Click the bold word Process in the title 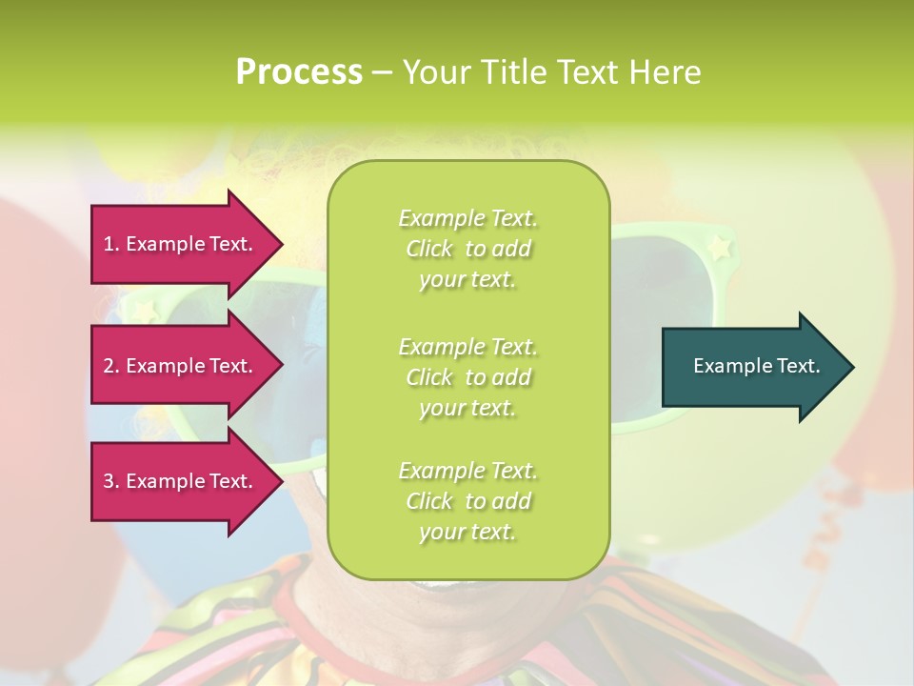pos(299,72)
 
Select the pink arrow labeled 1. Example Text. pos(181,244)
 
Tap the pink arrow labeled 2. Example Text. pos(181,366)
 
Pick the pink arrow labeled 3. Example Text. pos(181,481)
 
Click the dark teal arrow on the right pos(752,366)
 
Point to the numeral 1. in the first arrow pos(111,244)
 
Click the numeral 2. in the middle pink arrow pos(111,366)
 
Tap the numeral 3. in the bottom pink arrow pos(111,481)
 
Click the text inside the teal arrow pos(757,366)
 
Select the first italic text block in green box pos(467,249)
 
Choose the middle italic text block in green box pos(467,376)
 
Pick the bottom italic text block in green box pos(467,501)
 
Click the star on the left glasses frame pos(146,310)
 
